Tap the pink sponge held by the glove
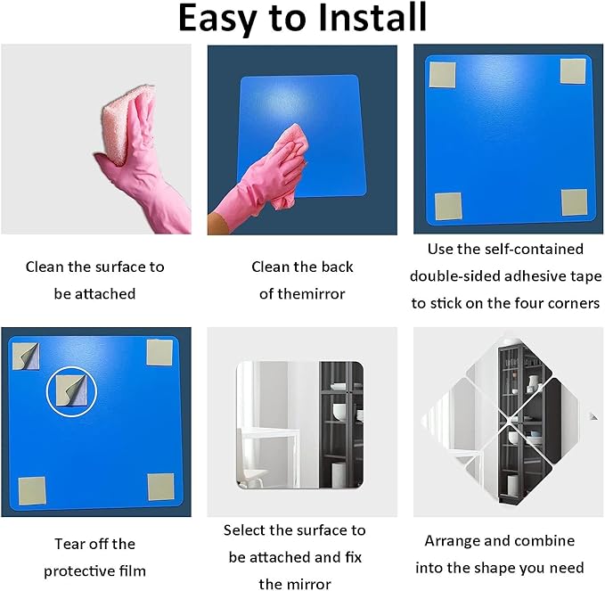tap(124, 123)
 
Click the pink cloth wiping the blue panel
tap(290, 162)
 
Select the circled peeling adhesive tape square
tap(72, 391)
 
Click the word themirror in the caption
tap(302, 294)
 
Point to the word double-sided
tap(454, 276)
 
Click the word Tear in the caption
tap(68, 544)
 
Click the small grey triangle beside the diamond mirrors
tap(593, 416)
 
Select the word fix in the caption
tap(354, 557)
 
